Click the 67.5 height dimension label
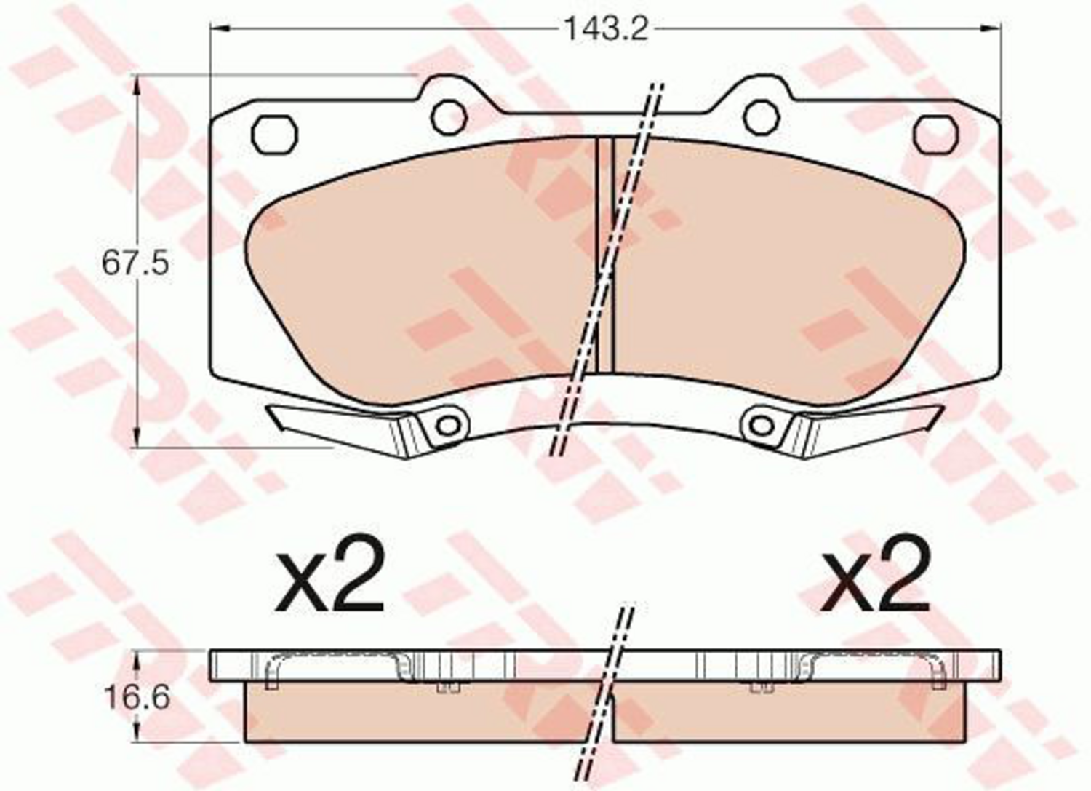coord(135,263)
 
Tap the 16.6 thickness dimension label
coord(137,698)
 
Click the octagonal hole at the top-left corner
coord(274,135)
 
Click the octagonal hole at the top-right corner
coord(935,135)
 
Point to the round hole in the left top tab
coord(449,117)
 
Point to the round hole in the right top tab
coord(762,117)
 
